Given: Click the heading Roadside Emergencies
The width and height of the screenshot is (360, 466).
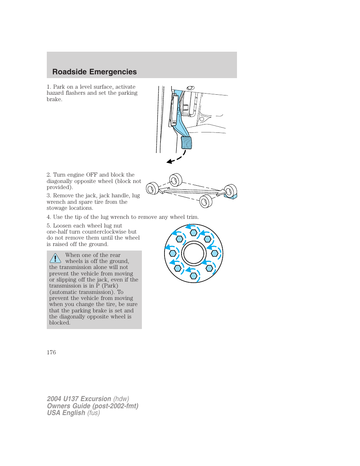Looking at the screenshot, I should [94, 72].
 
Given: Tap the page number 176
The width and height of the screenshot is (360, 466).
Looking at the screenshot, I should [51, 352].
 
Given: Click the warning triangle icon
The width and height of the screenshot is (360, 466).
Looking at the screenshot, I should [55, 258].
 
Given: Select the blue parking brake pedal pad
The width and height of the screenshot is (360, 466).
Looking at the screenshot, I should [186, 143].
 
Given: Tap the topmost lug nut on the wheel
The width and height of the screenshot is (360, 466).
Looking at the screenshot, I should [194, 232].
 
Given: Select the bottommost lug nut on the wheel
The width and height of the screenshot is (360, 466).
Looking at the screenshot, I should [194, 276].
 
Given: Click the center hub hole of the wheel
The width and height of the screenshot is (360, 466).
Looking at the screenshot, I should [194, 254].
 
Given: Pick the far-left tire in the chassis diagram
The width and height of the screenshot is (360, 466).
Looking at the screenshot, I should [152, 188].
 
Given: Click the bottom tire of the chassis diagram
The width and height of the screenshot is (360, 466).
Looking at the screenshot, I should [206, 201].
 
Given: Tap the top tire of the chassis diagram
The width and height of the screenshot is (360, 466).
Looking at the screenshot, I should [176, 180].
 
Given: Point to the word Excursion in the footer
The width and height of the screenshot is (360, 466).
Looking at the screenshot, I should [96, 399].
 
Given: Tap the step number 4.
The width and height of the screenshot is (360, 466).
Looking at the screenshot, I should [49, 217].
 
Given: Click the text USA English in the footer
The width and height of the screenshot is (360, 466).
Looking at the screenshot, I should [66, 413].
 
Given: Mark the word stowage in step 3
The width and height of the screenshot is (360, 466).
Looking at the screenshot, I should [57, 208].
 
